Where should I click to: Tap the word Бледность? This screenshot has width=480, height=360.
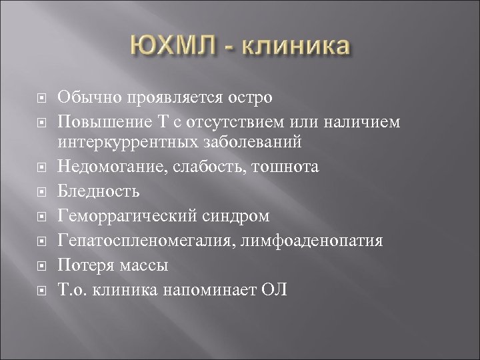point(99,192)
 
